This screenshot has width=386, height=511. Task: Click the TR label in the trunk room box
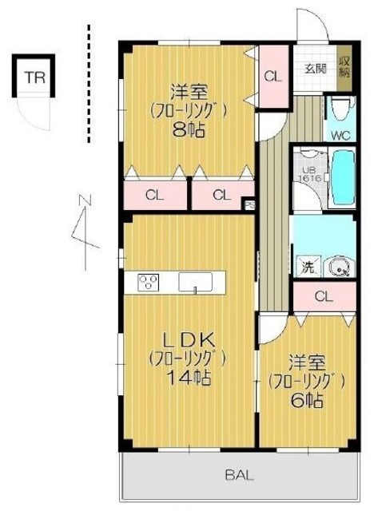pyautogui.click(x=34, y=77)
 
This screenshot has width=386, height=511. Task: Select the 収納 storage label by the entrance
pyautogui.click(x=344, y=67)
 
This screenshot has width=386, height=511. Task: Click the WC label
pyautogui.click(x=340, y=134)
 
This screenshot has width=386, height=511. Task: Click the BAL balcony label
pyautogui.click(x=236, y=476)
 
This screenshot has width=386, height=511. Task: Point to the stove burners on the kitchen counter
pyautogui.click(x=148, y=283)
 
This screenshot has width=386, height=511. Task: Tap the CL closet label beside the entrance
pyautogui.click(x=273, y=77)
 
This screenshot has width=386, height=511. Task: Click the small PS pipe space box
pyautogui.click(x=248, y=204)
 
